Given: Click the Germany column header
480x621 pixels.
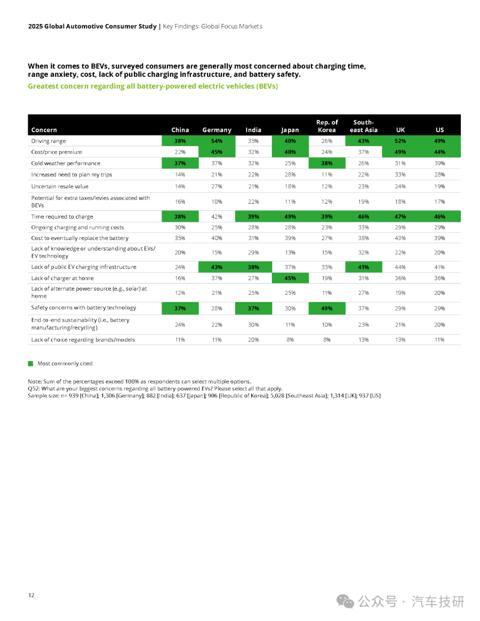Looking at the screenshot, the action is [x=217, y=130].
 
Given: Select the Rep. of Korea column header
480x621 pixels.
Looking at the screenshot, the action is [x=327, y=126].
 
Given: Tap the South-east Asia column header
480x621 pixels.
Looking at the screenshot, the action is [x=364, y=126].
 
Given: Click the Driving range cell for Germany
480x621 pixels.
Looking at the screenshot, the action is [x=217, y=141].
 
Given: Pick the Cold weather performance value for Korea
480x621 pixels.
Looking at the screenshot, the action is [x=327, y=163].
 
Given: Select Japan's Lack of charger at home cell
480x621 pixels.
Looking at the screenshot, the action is [x=290, y=278].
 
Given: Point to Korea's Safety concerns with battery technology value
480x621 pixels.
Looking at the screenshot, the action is [x=327, y=308].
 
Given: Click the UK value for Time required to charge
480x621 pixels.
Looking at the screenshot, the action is [x=400, y=216].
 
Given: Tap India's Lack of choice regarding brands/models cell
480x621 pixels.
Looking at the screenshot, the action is [x=253, y=340].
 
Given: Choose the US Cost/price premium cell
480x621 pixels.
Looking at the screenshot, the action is [x=440, y=152].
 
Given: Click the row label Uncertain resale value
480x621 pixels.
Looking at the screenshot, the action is [x=60, y=186].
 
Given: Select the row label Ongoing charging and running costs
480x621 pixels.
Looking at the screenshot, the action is [x=77, y=228].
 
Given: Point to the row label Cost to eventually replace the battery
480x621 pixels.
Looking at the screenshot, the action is [x=80, y=238].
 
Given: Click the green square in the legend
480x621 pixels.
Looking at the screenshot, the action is [x=31, y=364].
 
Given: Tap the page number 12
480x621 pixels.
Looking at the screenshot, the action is [x=31, y=595].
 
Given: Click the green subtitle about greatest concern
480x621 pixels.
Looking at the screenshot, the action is [x=153, y=86].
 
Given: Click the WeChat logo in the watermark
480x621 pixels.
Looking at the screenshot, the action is [x=345, y=601].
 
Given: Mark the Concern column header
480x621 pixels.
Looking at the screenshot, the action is [x=44, y=130].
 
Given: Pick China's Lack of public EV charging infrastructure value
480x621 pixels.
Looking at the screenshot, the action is [x=180, y=267].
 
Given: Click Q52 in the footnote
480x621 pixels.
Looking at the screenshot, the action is [x=33, y=389].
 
